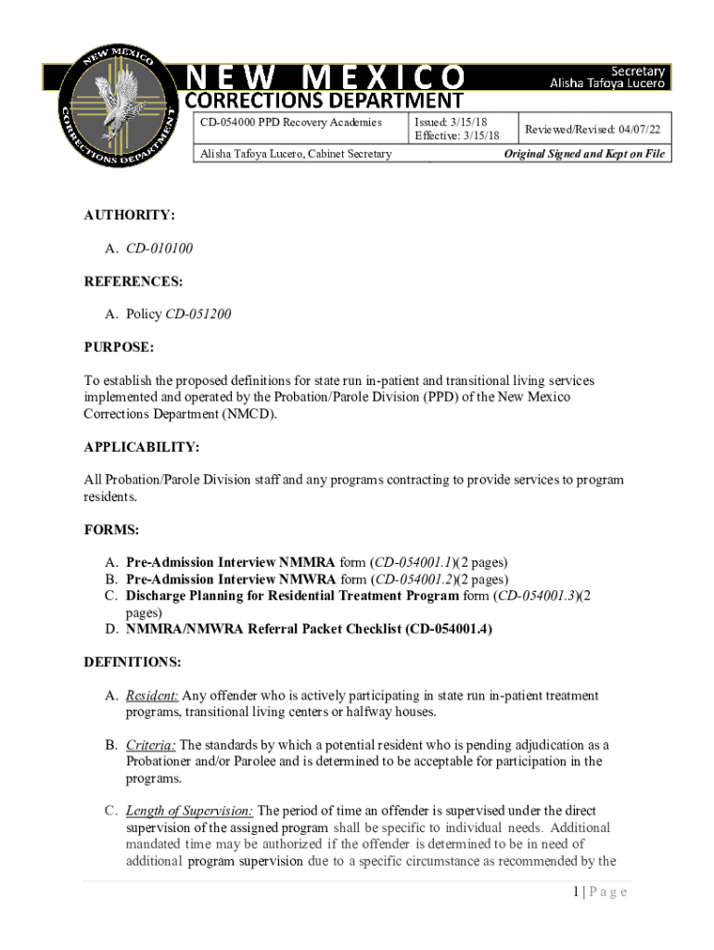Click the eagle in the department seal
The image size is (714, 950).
pos(118,102)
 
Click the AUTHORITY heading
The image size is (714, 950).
pos(129,215)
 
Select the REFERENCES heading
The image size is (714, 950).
pos(133,281)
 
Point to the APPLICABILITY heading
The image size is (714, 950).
pos(141,447)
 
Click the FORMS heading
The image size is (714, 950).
pos(111,530)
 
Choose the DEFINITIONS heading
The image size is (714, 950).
pos(132,662)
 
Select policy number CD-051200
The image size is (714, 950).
pos(198,315)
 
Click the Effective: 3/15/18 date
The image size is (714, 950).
pos(456,137)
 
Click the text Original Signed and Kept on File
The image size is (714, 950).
pos(584,154)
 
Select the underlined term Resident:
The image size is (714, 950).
pos(152,696)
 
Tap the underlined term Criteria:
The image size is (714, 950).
pos(150,745)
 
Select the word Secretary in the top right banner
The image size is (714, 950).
pos(637,71)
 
